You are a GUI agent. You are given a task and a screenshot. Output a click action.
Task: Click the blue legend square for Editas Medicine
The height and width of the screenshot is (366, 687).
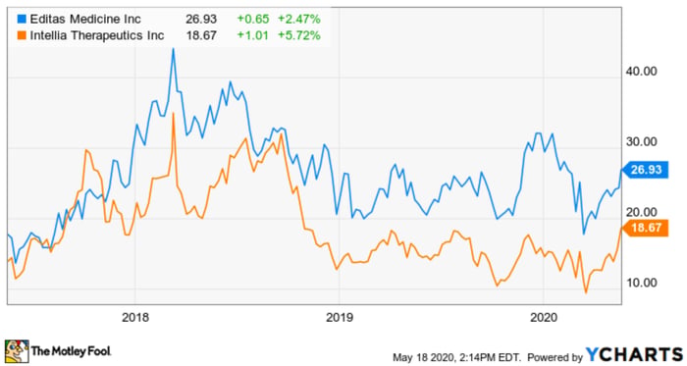pos(22,20)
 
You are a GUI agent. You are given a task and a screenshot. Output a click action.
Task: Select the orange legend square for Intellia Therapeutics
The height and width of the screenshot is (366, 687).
pos(22,35)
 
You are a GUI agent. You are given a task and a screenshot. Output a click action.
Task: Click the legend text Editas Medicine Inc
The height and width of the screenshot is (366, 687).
pos(85,20)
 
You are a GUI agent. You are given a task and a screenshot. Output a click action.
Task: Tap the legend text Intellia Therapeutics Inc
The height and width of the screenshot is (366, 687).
pos(97,35)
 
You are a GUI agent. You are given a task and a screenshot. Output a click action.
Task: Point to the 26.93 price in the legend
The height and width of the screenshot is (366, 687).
pos(201,20)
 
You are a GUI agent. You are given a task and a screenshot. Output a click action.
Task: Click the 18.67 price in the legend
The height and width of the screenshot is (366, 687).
pos(201,35)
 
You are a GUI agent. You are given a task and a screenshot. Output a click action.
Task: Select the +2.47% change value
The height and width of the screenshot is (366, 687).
pos(298,20)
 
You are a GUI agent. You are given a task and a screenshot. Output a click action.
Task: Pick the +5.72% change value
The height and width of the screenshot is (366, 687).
pos(298,35)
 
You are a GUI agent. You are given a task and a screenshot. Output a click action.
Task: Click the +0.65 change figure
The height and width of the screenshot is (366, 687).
pos(253,20)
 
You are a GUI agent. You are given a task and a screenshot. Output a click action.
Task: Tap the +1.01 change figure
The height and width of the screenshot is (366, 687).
pos(253,35)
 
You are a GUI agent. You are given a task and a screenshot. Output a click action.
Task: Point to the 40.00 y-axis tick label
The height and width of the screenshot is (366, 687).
pos(642,71)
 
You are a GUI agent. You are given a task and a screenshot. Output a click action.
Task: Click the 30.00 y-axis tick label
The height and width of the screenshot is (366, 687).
pos(642,141)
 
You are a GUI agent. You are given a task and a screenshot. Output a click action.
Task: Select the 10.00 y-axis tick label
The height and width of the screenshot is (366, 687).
pos(642,283)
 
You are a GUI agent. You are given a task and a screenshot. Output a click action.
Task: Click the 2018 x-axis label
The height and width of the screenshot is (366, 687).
pos(135,317)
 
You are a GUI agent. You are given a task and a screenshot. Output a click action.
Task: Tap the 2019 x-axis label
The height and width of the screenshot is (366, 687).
pos(340,317)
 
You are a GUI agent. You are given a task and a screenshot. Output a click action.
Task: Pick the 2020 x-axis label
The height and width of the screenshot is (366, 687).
pos(544,317)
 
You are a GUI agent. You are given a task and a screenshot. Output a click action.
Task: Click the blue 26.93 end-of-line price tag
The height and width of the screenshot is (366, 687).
pos(646,170)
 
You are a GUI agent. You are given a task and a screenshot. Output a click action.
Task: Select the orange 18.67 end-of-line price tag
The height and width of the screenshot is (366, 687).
pos(646,228)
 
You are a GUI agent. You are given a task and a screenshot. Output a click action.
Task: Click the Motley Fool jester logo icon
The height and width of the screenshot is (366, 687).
pos(17,351)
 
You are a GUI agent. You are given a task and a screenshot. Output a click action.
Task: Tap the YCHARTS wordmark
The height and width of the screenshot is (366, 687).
pos(635,354)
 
